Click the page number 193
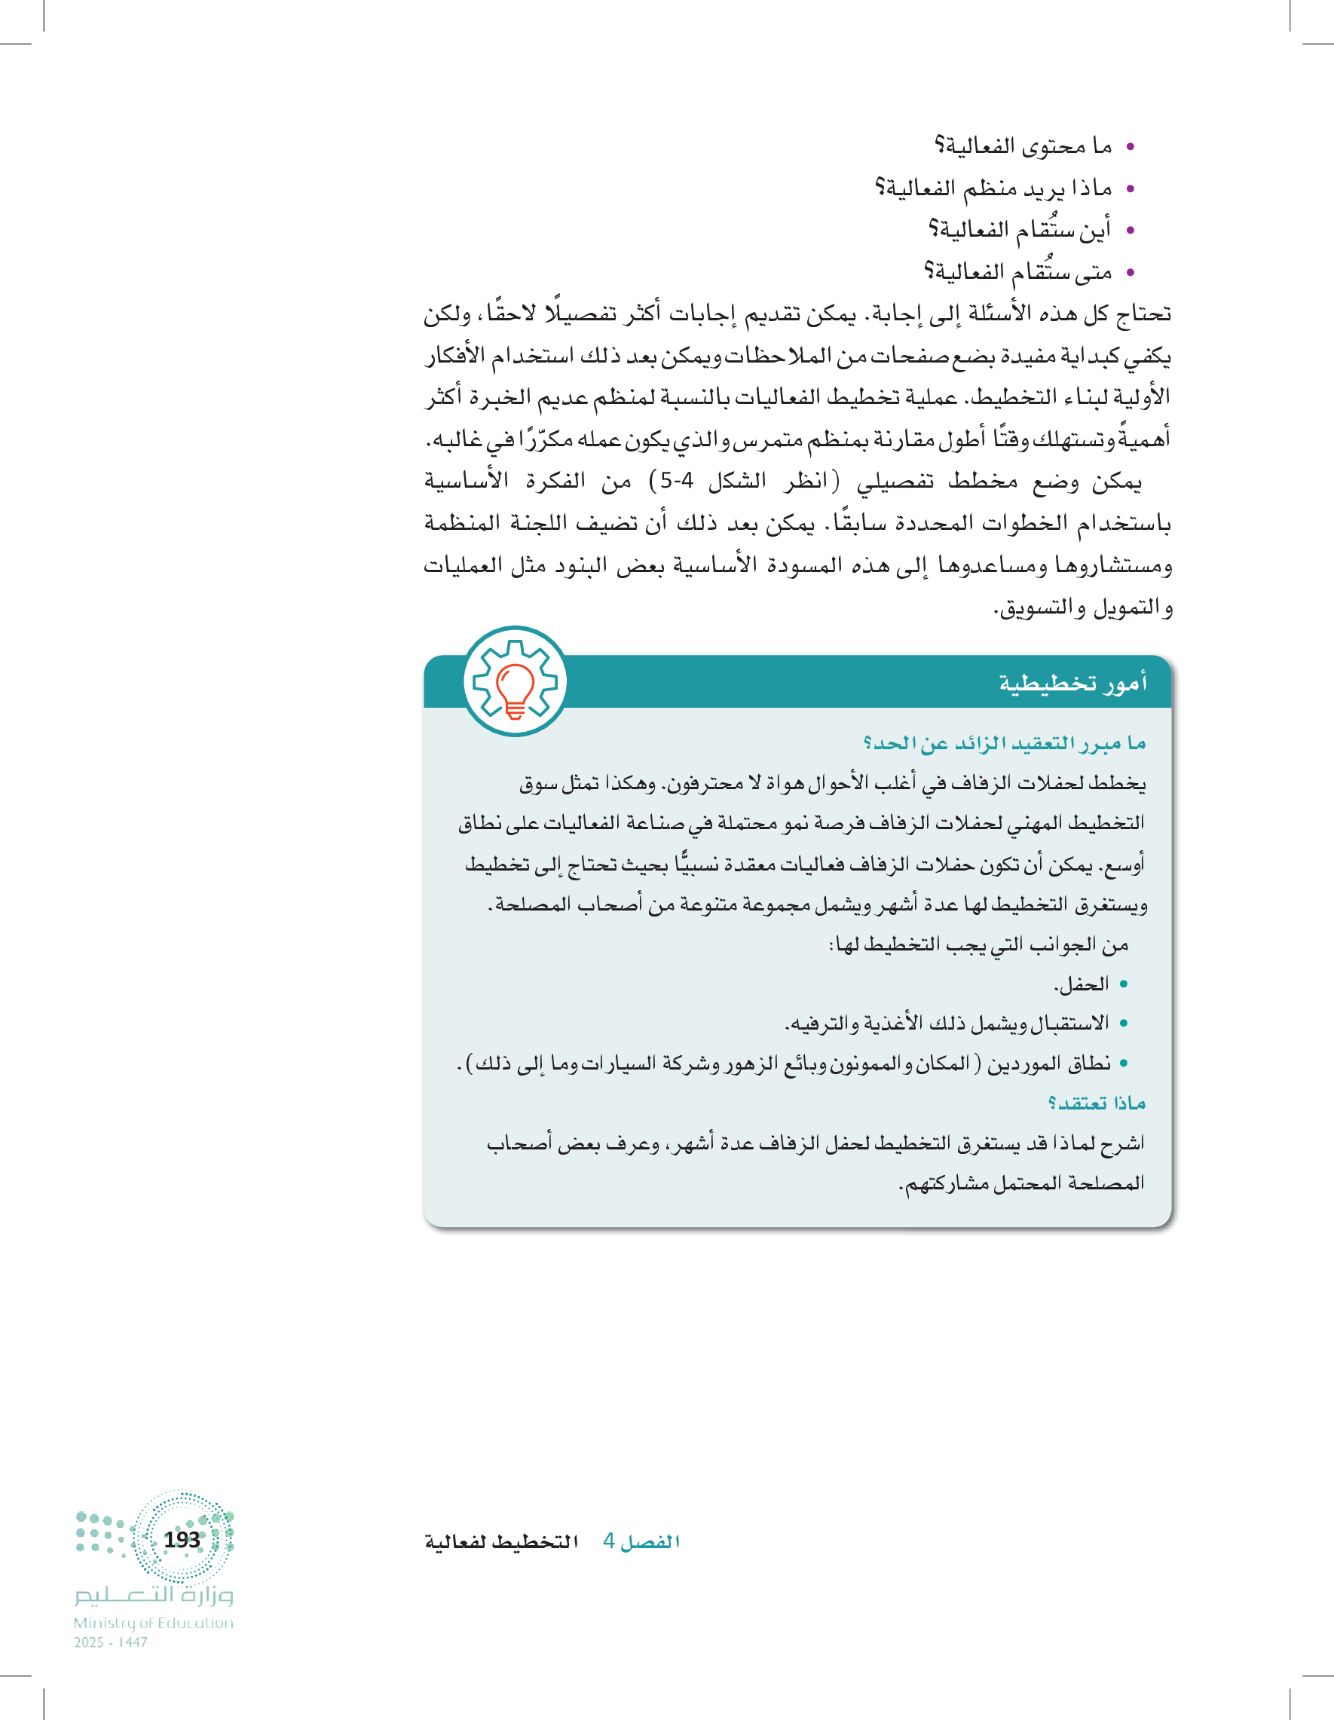point(182,1539)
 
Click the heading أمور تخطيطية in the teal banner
point(1072,683)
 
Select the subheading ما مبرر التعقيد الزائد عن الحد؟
point(1004,742)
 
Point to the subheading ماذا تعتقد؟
point(1096,1103)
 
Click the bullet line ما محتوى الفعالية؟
point(1023,146)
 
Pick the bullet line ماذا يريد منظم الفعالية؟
point(994,188)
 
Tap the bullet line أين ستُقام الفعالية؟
point(1020,230)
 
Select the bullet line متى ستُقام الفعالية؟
point(1017,273)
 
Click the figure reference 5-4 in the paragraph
point(678,480)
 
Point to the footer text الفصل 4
point(641,1541)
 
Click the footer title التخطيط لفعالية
point(502,1541)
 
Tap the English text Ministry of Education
point(154,1623)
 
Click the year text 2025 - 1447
point(111,1642)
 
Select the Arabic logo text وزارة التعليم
point(155,1595)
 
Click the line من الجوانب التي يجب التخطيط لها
point(979,944)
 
